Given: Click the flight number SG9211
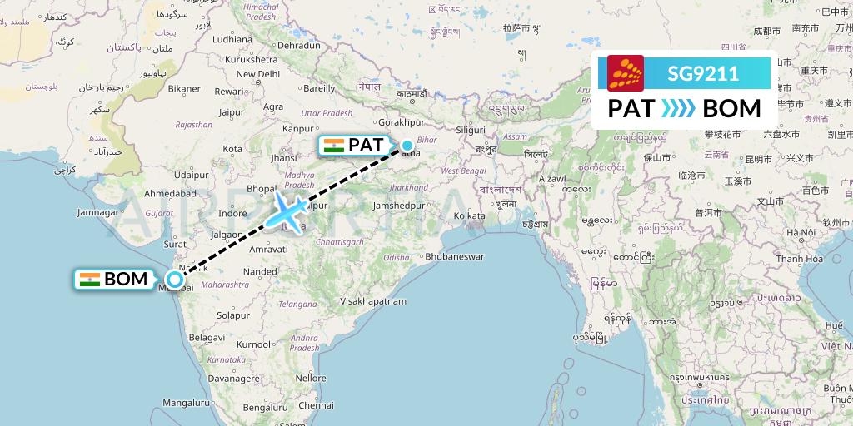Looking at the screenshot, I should (702, 74).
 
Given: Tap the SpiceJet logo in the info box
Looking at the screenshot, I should (626, 73).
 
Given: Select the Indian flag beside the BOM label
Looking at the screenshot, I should (90, 280).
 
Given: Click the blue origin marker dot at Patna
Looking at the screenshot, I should (407, 146).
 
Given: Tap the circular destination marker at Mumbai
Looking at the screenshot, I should (174, 280).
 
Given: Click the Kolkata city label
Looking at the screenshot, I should (470, 215).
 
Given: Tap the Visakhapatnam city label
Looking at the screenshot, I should (377, 300).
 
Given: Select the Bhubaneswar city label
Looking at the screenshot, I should (454, 256).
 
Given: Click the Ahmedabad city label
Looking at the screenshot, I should (169, 193).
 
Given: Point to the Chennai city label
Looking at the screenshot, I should (317, 405).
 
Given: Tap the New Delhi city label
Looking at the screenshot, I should (257, 74).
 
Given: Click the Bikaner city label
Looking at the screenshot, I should (184, 88).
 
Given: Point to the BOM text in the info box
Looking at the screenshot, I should (731, 109).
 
